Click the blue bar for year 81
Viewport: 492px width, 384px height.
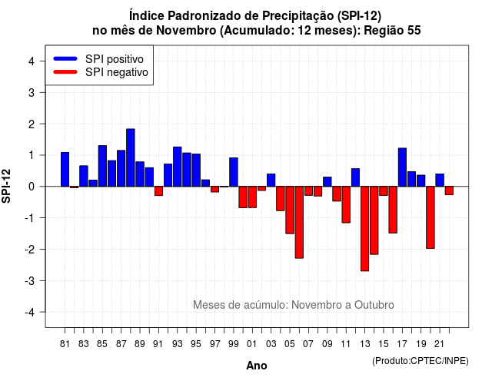(65, 169)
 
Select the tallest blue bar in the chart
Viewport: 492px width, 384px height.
(131, 157)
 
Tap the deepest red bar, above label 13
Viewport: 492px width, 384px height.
(364, 229)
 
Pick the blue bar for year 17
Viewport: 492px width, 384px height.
(402, 167)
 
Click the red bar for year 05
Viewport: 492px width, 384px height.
(290, 210)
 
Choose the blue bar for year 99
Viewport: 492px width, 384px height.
(234, 172)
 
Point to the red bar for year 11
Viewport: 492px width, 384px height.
(346, 204)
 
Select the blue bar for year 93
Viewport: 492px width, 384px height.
(178, 167)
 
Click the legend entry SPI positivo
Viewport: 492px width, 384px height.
(115, 59)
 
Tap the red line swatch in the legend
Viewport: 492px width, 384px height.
(65, 72)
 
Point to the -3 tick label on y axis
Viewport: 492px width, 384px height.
(30, 280)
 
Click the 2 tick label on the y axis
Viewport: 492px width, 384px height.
(32, 124)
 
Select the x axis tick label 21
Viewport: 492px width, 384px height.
(439, 344)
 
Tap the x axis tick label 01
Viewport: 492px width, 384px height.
(251, 344)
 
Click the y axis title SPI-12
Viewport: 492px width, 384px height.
(6, 186)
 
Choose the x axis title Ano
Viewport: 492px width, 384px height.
(257, 366)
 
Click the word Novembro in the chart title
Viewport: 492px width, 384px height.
(186, 31)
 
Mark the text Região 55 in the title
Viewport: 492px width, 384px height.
(392, 31)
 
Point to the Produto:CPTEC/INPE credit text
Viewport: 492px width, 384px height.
(421, 361)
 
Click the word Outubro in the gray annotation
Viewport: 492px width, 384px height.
(374, 305)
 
